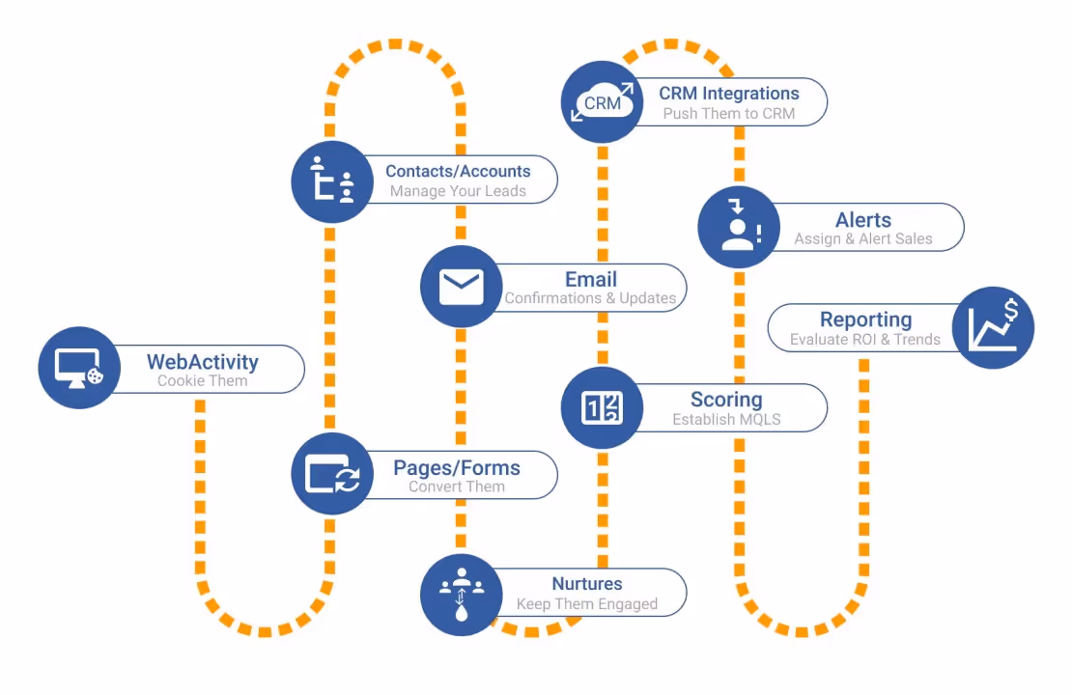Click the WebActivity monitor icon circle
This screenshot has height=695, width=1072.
pos(79,368)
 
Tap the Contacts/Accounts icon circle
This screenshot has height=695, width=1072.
pos(332,181)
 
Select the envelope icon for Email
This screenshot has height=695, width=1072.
pos(462,287)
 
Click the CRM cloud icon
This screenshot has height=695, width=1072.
pos(603,101)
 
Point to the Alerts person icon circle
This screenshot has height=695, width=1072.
pos(739,228)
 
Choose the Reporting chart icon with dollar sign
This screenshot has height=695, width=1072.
pos(993,327)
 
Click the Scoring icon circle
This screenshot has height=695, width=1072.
pos(603,407)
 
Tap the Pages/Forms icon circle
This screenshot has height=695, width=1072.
pos(332,474)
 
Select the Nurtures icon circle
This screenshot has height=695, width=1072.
pos(462,595)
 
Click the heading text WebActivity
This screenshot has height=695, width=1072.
pos(203,362)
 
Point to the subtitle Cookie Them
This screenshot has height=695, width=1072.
pos(203,381)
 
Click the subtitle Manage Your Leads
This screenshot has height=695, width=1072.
pos(458,191)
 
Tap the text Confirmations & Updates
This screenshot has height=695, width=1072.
pos(590,298)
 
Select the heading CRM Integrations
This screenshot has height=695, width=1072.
pos(729,94)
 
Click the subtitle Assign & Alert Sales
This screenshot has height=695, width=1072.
pos(863,238)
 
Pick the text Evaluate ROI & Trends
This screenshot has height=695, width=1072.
pos(864,339)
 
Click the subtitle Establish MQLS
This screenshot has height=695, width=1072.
pos(726,420)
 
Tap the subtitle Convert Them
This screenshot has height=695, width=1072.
pos(457,486)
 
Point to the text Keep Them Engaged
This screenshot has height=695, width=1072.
pos(587,604)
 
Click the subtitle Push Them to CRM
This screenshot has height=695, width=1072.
pos(729,114)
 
